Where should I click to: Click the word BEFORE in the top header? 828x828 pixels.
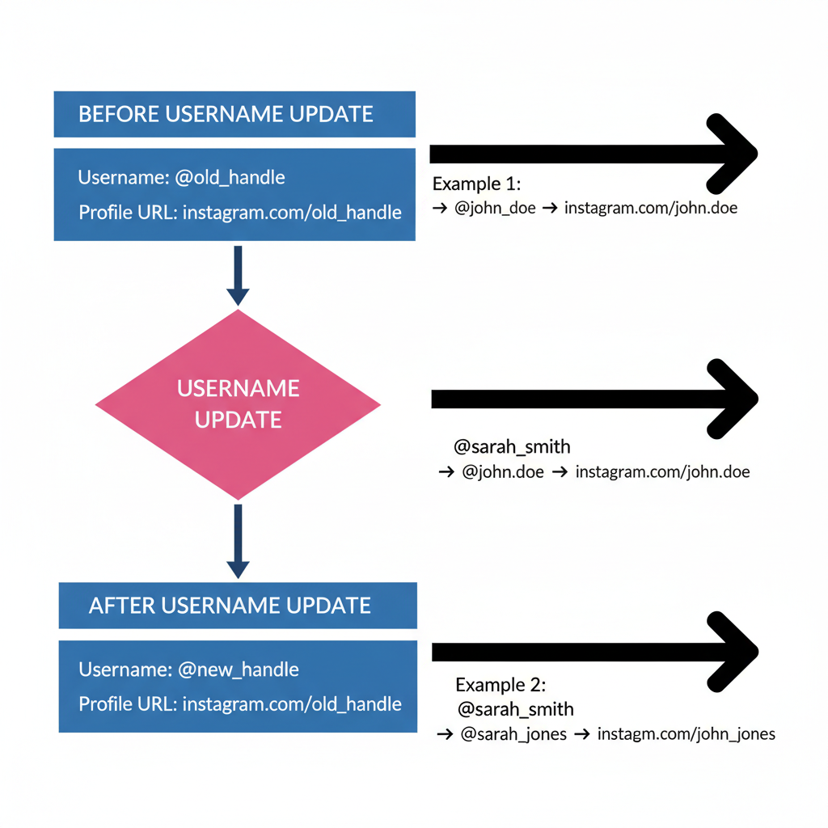[119, 114]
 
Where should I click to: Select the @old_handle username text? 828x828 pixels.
[230, 177]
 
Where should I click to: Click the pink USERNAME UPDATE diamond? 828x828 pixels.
[238, 404]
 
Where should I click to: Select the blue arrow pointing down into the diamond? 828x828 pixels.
[238, 276]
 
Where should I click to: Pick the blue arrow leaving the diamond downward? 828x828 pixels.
[238, 541]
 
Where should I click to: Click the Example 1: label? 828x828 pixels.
[476, 183]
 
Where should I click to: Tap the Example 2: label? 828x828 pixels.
[501, 685]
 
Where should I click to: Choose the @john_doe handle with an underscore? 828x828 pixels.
[495, 208]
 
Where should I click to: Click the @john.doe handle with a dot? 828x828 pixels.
[503, 471]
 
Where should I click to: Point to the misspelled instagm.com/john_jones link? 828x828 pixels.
[686, 734]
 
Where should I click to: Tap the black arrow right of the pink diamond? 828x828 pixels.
[594, 398]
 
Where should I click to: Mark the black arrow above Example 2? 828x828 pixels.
[594, 651]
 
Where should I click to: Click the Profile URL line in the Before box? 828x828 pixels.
[240, 213]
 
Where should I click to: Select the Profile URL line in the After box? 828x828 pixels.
[240, 704]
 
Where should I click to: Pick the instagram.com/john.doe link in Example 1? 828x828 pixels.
[650, 208]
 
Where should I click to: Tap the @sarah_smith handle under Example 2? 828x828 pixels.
[515, 709]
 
